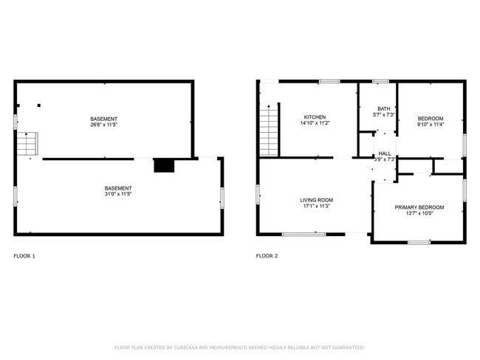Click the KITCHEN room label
pyautogui.click(x=315, y=117)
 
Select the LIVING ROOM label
pyautogui.click(x=316, y=200)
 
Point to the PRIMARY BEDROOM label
pyautogui.click(x=419, y=207)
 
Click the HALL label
pyautogui.click(x=385, y=153)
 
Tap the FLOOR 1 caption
pyautogui.click(x=24, y=256)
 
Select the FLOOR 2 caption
pyautogui.click(x=267, y=256)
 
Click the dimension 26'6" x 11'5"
pyautogui.click(x=103, y=125)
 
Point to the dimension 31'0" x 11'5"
pyautogui.click(x=118, y=195)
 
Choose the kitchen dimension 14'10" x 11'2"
pyautogui.click(x=315, y=123)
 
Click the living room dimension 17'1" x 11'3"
pyautogui.click(x=316, y=207)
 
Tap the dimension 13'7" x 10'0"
pyautogui.click(x=419, y=214)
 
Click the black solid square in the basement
pyautogui.click(x=162, y=165)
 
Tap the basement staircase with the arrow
pyautogui.click(x=27, y=143)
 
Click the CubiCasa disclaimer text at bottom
pyautogui.click(x=239, y=347)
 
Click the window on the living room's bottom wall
pyautogui.click(x=303, y=235)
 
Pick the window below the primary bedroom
pyautogui.click(x=419, y=242)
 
